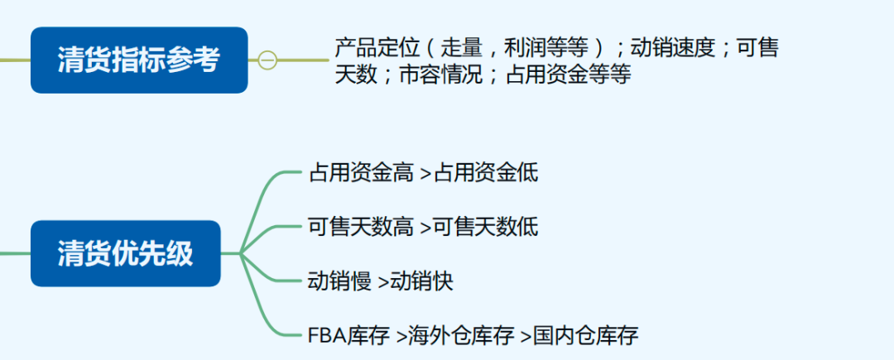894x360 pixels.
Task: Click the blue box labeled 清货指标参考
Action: [x=138, y=60]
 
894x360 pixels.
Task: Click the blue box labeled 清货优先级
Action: [x=126, y=253]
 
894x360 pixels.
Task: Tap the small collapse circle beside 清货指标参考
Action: [x=267, y=60]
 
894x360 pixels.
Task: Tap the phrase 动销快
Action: [x=422, y=281]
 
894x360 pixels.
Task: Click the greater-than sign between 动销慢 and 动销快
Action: [x=383, y=282]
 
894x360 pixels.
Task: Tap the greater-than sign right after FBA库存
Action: [x=401, y=337]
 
